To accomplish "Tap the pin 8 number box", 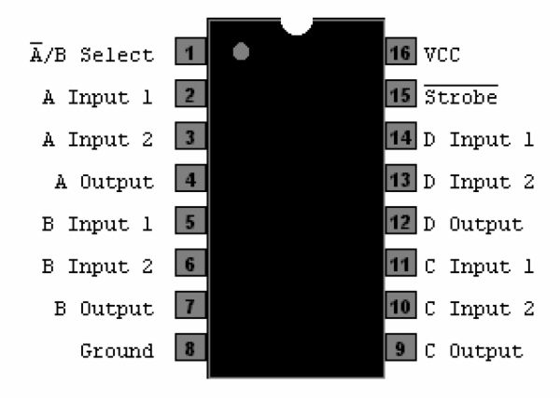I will (x=189, y=351).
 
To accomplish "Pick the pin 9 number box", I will (x=399, y=351).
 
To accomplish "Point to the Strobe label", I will (x=461, y=96).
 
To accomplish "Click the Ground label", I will (x=117, y=352).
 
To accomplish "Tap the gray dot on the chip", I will (x=241, y=52).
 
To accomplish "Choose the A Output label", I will (x=104, y=181).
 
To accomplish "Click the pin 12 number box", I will (x=399, y=223).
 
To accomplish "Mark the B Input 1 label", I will (x=97, y=224).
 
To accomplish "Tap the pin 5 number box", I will (x=189, y=223).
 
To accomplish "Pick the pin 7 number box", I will (x=189, y=308).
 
